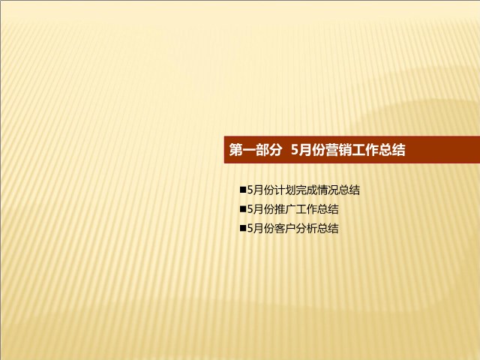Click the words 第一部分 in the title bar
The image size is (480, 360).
[x=255, y=150]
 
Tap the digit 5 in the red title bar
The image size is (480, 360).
[x=295, y=150]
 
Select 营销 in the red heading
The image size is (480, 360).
[x=338, y=150]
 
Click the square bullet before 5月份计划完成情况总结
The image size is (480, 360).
[x=243, y=190]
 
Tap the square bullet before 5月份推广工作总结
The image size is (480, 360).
[x=243, y=209]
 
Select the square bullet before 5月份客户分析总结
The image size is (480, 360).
[x=243, y=228]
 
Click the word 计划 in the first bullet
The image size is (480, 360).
[x=285, y=190]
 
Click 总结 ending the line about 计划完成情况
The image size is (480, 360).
[x=349, y=190]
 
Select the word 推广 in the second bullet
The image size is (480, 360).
[x=285, y=209]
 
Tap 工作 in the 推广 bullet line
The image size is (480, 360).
[x=307, y=209]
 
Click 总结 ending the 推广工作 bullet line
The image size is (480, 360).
[x=328, y=209]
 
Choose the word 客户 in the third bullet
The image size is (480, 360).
[x=285, y=228]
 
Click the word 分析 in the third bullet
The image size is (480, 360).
[x=307, y=228]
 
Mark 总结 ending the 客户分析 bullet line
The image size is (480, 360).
[x=328, y=228]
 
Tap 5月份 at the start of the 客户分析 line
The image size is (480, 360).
[x=261, y=228]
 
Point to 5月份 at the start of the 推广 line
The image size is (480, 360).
[x=261, y=209]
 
